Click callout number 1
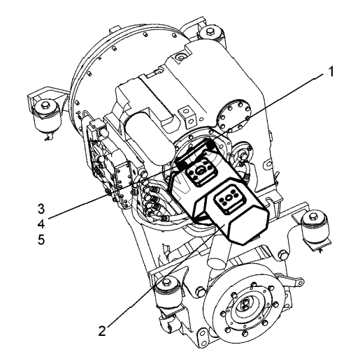330,72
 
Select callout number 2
102,330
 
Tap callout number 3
41,209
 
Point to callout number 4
41,224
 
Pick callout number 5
41,240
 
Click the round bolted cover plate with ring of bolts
233,115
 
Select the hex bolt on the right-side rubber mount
312,216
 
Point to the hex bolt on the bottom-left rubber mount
166,282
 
